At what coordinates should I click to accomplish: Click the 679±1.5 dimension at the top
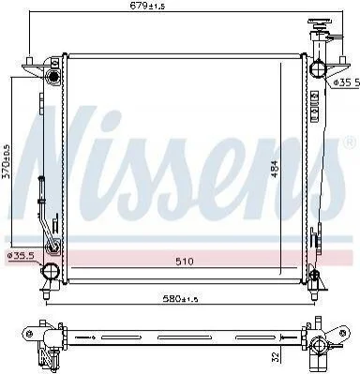[x=147, y=6]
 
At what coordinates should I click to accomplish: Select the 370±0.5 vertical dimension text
[x=7, y=161]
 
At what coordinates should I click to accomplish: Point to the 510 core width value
[x=185, y=262]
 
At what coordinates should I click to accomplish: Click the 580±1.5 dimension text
[x=180, y=299]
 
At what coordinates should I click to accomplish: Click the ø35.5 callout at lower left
[x=21, y=256]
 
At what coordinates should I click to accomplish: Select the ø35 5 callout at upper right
[x=346, y=82]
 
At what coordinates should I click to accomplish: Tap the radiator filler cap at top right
[x=320, y=23]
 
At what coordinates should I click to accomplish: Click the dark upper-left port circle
[x=53, y=76]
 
